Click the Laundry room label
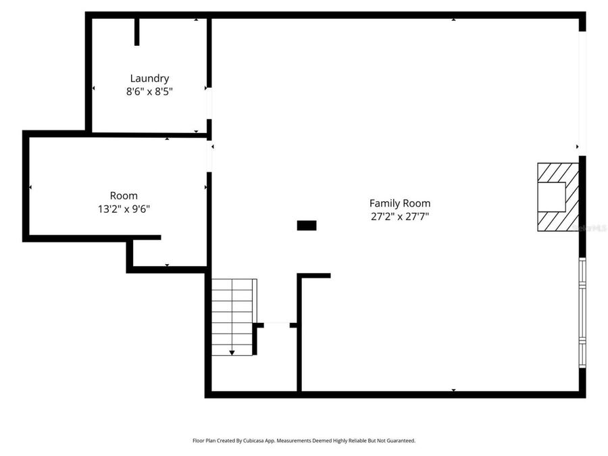pos(149,78)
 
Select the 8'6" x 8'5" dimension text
pos(149,92)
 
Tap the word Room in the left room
pos(124,196)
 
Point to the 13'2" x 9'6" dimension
pos(124,209)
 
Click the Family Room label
pos(399,203)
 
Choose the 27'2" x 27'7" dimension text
pos(399,216)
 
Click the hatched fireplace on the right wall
pos(558,197)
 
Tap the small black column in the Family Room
pos(307,226)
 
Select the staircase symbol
pos(233,316)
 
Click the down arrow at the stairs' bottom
pos(232,351)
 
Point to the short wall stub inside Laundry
pos(137,32)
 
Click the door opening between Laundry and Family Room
pos(209,103)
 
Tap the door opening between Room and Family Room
pos(209,156)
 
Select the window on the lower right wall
pos(582,312)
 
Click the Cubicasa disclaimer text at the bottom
pos(304,440)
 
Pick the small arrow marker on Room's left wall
pos(30,186)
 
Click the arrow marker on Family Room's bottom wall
pos(453,390)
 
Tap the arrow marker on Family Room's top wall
pos(453,20)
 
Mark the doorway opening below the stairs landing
pos(276,325)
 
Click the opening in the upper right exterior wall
pos(582,93)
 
